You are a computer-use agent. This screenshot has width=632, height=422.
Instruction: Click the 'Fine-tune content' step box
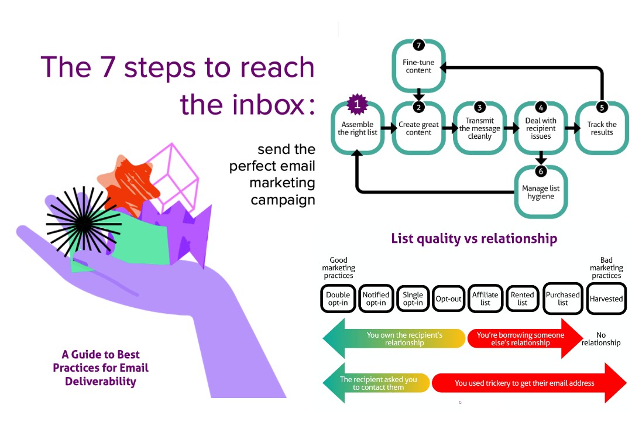point(417,66)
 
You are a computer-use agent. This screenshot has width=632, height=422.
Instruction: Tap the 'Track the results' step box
point(602,128)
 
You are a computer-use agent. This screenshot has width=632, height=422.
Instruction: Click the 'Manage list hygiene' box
point(541,193)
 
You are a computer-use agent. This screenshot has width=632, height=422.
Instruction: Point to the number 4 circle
point(541,107)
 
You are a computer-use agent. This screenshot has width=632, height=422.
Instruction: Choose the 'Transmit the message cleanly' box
point(479,128)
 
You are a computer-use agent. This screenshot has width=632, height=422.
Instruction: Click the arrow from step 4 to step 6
point(541,159)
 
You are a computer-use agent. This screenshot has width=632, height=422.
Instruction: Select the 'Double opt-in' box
point(338,299)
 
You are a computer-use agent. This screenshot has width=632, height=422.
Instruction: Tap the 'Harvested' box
point(606,299)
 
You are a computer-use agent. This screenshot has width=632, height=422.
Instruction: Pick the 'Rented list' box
point(522,299)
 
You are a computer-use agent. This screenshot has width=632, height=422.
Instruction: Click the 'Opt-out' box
point(448,299)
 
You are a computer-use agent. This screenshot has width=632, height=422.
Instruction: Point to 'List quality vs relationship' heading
point(473,238)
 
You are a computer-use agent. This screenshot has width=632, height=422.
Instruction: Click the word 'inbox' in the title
point(267,104)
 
